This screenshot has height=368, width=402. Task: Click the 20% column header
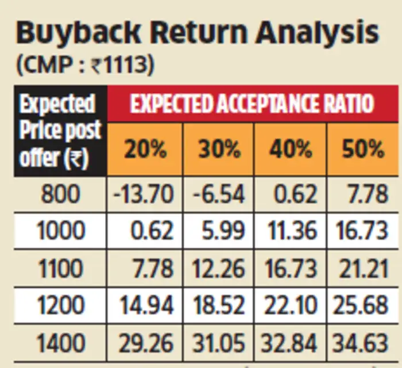(145, 149)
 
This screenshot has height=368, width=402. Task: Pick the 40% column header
(291, 149)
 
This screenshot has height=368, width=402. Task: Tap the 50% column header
(363, 149)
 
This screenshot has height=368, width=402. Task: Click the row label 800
(60, 194)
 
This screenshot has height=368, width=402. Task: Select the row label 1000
(60, 231)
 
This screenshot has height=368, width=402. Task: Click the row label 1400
(60, 343)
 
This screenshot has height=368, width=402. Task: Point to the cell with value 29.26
(145, 343)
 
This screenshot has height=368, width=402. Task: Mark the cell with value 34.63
(363, 343)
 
